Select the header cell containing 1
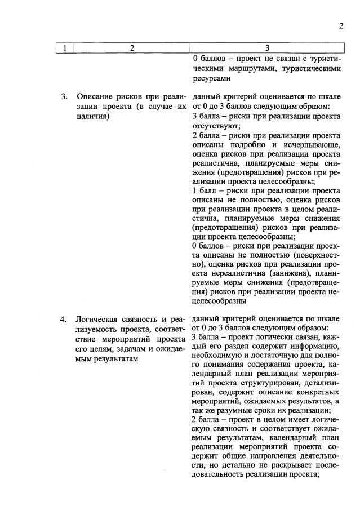coord(65,48)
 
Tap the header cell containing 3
coord(267,48)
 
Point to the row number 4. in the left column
coord(65,320)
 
